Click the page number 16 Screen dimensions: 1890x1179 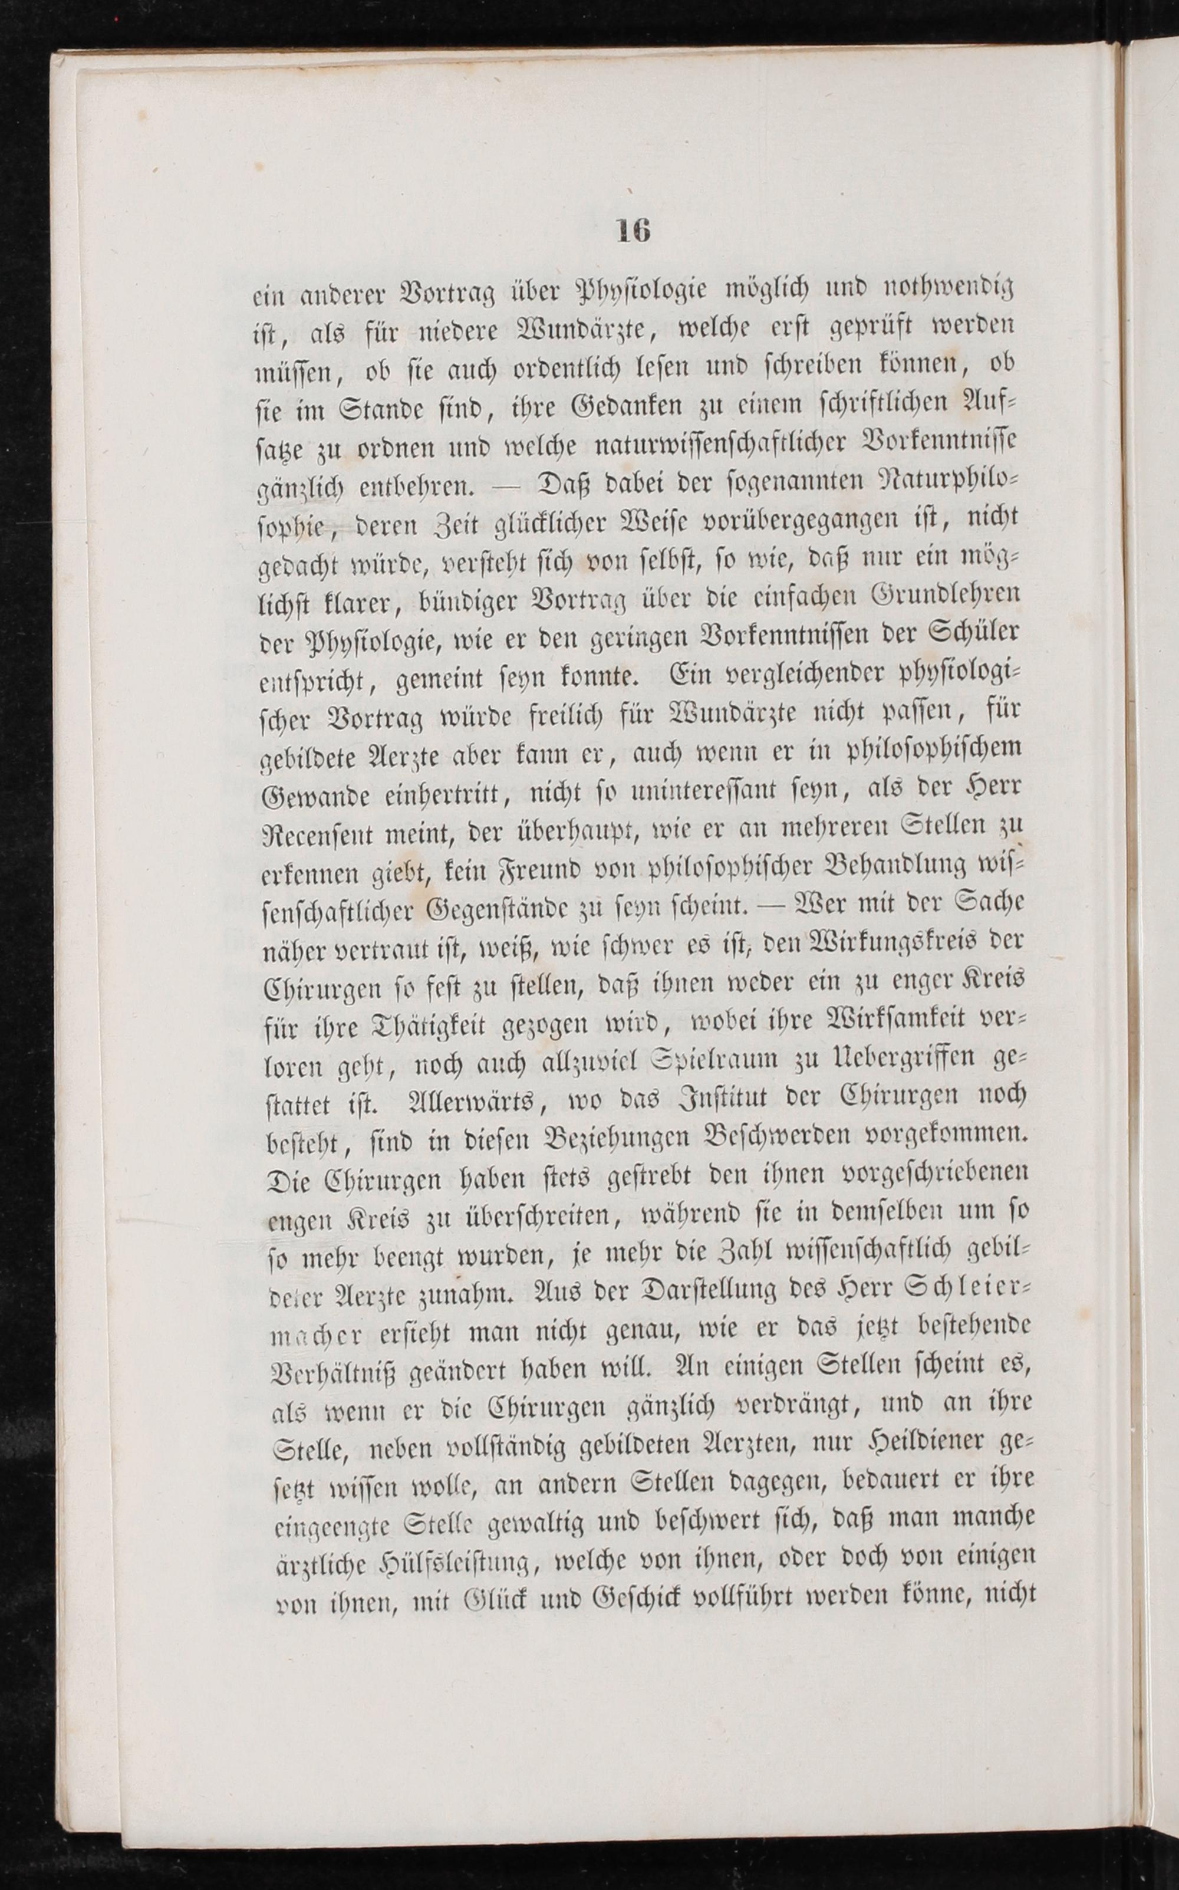tap(633, 231)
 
